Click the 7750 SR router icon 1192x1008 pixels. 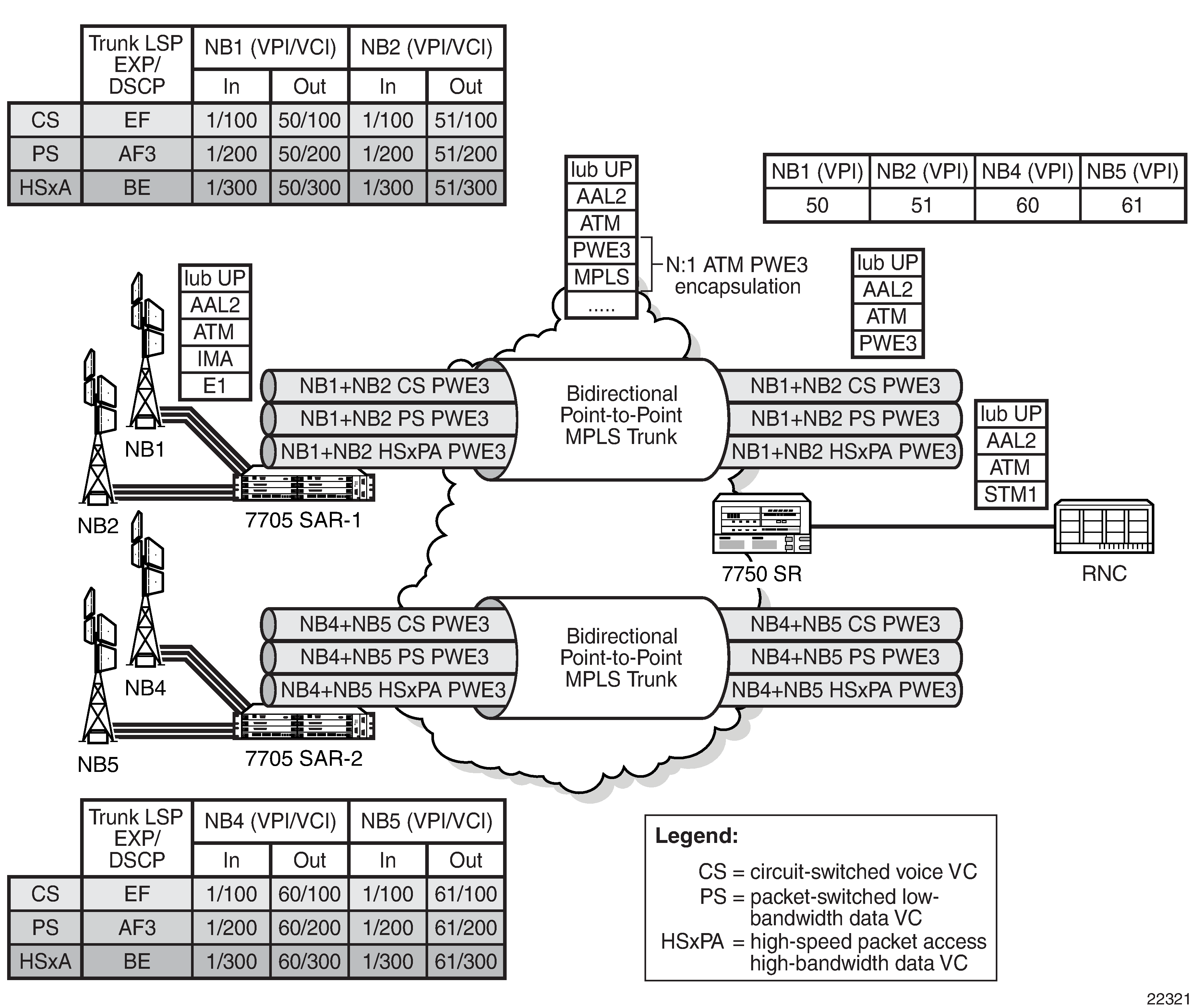point(762,523)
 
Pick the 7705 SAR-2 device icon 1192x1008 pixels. point(304,724)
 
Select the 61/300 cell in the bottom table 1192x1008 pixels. point(466,961)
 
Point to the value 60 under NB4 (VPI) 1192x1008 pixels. point(1027,205)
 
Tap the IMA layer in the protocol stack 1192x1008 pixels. point(215,359)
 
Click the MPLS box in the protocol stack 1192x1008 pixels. point(601,277)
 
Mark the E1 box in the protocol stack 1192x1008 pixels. point(215,386)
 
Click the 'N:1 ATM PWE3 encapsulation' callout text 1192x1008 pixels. point(737,275)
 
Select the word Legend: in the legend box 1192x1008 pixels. point(697,835)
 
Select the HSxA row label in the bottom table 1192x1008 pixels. point(45,961)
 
